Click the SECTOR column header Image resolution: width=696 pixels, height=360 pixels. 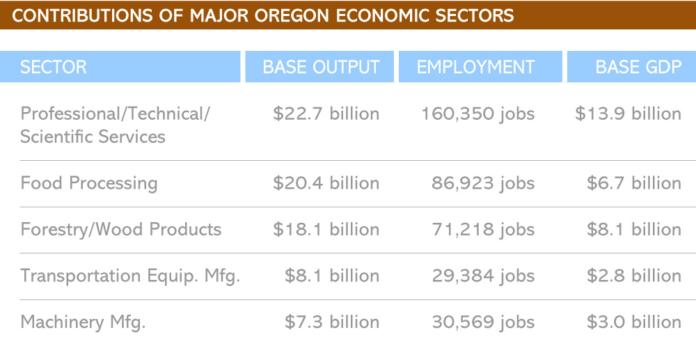[54, 67]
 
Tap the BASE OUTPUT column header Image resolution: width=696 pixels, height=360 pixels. [321, 67]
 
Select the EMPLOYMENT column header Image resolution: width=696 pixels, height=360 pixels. [475, 67]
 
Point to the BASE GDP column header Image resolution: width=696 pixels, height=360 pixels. [638, 67]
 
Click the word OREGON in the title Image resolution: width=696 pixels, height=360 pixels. [292, 15]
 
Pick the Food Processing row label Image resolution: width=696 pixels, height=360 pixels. [89, 183]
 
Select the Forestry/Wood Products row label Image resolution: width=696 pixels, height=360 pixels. [120, 230]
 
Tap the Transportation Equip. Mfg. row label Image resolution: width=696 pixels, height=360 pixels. [130, 276]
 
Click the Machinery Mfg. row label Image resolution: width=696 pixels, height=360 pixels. [83, 322]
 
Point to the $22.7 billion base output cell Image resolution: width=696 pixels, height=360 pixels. [326, 114]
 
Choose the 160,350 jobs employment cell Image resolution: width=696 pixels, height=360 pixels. [477, 114]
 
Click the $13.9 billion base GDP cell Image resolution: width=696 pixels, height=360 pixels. [628, 114]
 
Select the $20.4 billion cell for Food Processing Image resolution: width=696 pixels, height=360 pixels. [326, 183]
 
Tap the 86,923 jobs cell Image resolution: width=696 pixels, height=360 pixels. [483, 183]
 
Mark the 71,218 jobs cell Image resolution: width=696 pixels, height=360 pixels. [484, 230]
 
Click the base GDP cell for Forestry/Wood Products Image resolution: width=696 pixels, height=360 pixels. [634, 230]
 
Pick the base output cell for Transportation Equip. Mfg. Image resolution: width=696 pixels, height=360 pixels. [332, 276]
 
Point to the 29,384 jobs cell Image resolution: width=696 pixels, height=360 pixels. [484, 276]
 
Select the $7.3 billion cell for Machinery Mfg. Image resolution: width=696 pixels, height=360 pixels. [332, 322]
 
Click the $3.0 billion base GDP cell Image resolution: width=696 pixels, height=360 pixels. [634, 322]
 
